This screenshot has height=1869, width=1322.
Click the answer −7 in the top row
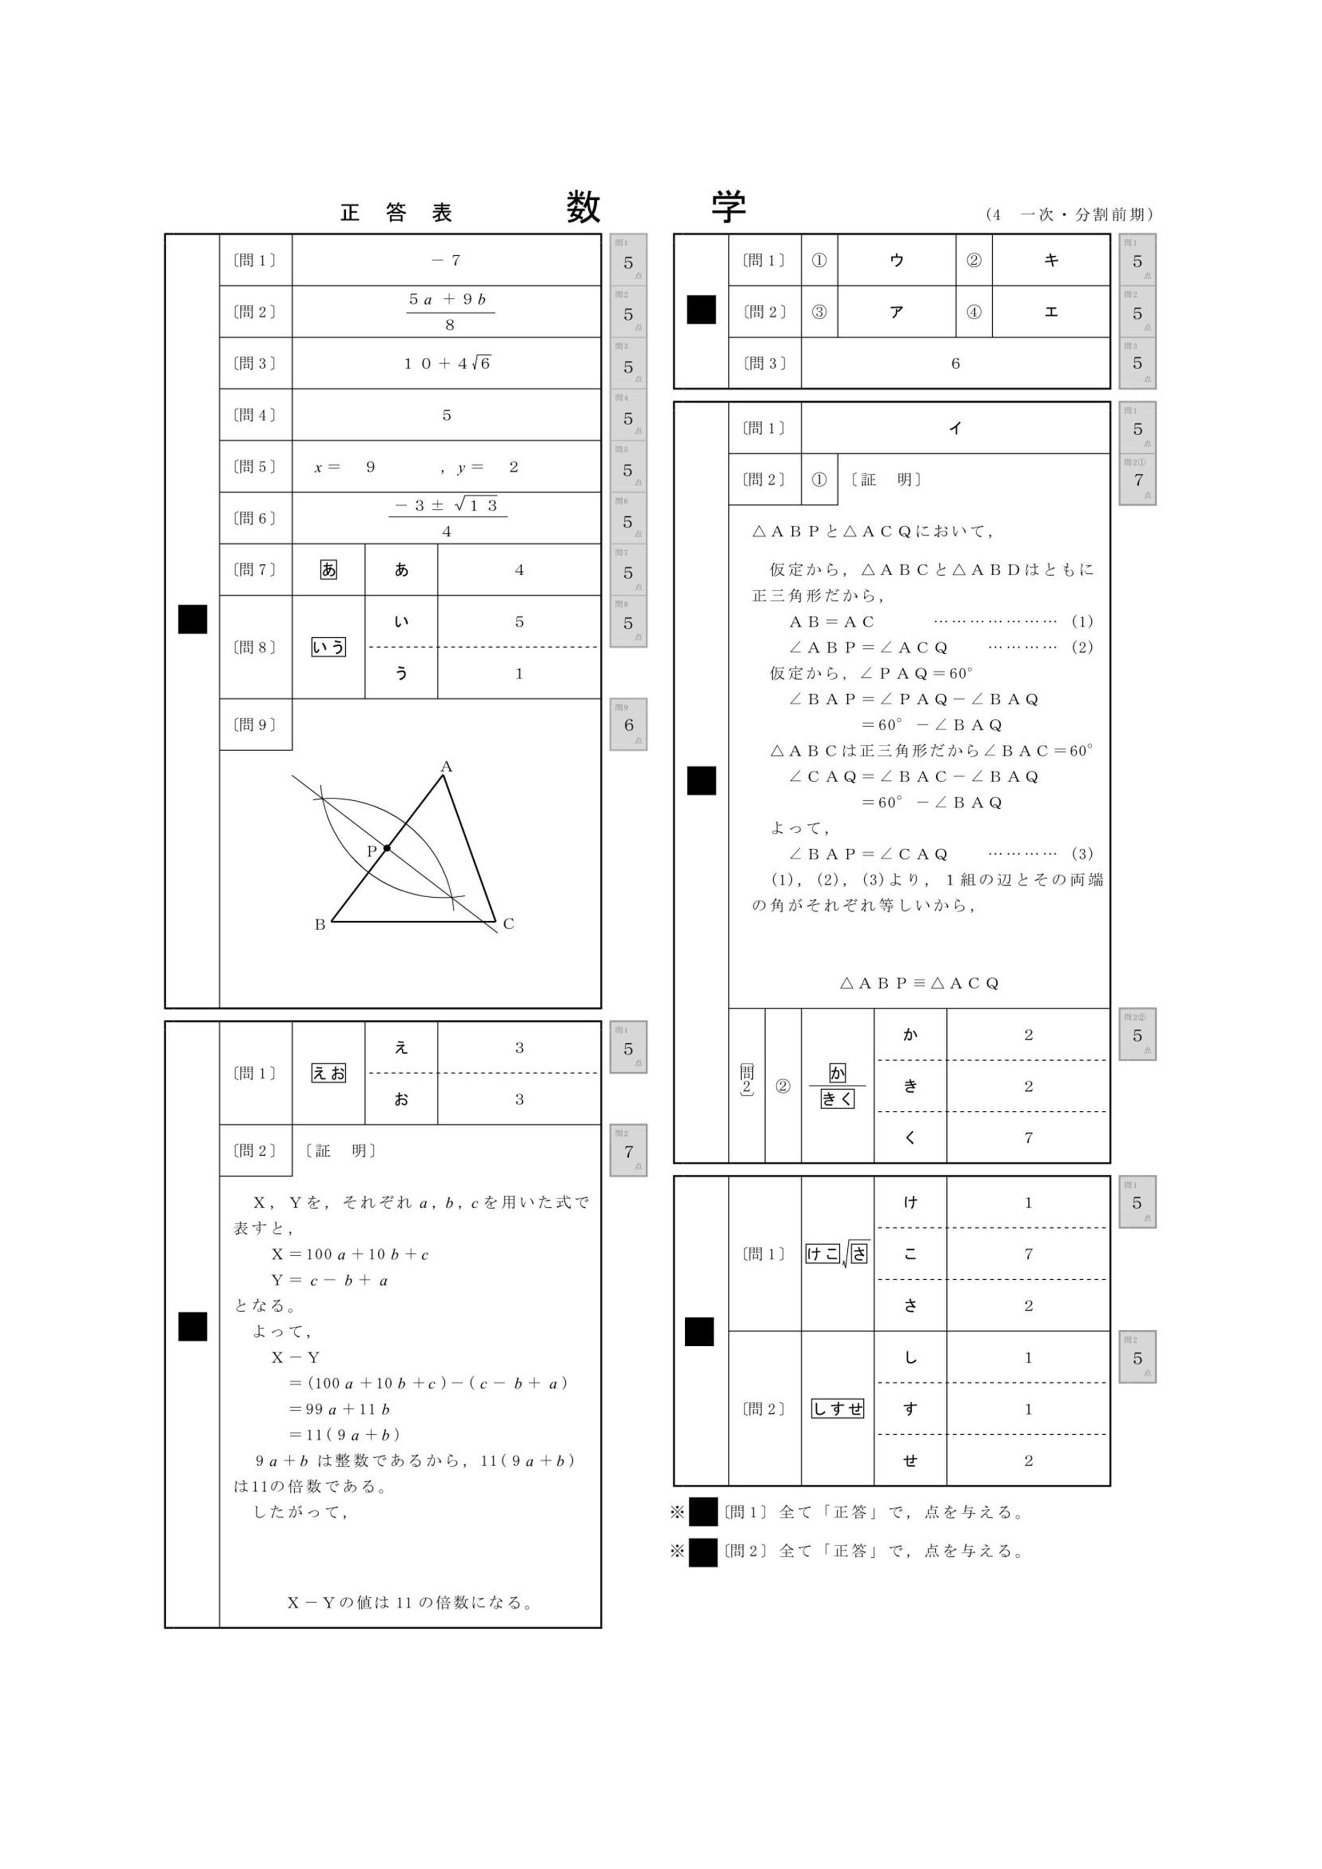click(x=446, y=261)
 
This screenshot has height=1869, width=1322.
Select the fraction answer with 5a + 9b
click(x=449, y=312)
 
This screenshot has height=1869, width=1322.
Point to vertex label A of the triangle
click(x=446, y=766)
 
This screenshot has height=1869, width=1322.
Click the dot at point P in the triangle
click(x=387, y=848)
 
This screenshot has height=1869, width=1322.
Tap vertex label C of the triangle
click(x=509, y=923)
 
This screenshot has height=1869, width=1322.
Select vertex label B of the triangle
click(x=320, y=924)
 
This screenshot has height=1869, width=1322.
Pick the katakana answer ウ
click(x=896, y=261)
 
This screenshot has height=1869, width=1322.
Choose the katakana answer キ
click(x=1051, y=261)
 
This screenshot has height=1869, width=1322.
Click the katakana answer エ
click(x=1051, y=312)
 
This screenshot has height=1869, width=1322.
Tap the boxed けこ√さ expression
click(x=837, y=1254)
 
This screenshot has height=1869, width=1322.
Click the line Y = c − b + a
click(x=330, y=1280)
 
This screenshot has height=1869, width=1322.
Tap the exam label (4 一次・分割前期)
click(x=1069, y=215)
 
